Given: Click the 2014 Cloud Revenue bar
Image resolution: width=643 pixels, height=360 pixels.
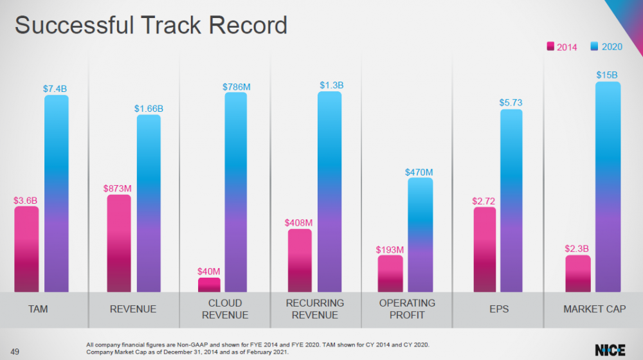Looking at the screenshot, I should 209,285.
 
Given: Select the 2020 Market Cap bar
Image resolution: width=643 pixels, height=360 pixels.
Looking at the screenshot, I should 608,186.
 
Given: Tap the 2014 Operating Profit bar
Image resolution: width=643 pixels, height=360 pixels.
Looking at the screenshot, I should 390,273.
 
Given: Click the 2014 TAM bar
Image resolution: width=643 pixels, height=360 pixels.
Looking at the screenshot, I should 26,249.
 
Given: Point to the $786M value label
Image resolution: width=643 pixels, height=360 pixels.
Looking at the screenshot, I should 236,86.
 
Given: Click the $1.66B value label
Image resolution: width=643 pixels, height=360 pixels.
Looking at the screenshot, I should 149,109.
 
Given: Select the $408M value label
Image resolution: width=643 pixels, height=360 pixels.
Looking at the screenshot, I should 298,223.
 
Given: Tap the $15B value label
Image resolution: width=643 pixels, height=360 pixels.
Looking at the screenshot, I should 607,76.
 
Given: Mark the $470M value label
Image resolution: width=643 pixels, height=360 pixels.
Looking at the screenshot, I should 419,172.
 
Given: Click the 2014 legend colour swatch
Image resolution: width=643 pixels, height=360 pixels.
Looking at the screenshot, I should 551,47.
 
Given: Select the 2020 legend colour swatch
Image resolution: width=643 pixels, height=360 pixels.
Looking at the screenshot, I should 595,47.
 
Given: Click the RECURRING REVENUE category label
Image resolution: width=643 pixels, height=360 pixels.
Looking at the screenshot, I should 315,309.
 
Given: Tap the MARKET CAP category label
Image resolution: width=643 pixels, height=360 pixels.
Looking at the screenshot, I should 594,309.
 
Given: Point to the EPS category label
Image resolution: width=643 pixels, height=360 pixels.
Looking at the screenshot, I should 499,309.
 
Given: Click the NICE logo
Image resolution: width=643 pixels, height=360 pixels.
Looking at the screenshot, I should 610,350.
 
